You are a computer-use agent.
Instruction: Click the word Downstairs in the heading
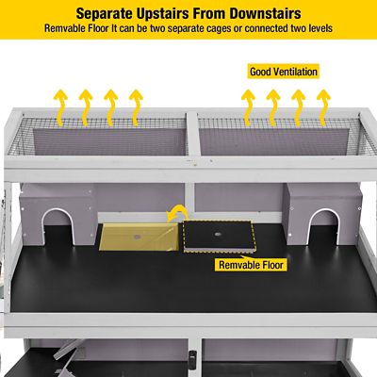(265, 13)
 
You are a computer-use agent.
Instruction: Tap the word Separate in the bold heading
(103, 13)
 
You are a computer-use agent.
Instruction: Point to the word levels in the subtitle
(319, 28)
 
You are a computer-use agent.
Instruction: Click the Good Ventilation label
(284, 72)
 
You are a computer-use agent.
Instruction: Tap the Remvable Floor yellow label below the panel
(251, 265)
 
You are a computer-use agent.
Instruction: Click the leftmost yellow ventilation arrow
(60, 107)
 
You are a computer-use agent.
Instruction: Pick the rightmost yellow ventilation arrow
(323, 107)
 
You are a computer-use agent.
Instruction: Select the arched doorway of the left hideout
(56, 218)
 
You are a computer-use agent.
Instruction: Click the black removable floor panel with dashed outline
(219, 236)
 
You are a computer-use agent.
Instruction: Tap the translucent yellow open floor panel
(139, 237)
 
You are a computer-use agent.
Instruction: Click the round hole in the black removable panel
(218, 234)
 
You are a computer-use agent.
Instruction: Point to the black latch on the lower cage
(192, 358)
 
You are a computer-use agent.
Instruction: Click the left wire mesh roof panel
(97, 136)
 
